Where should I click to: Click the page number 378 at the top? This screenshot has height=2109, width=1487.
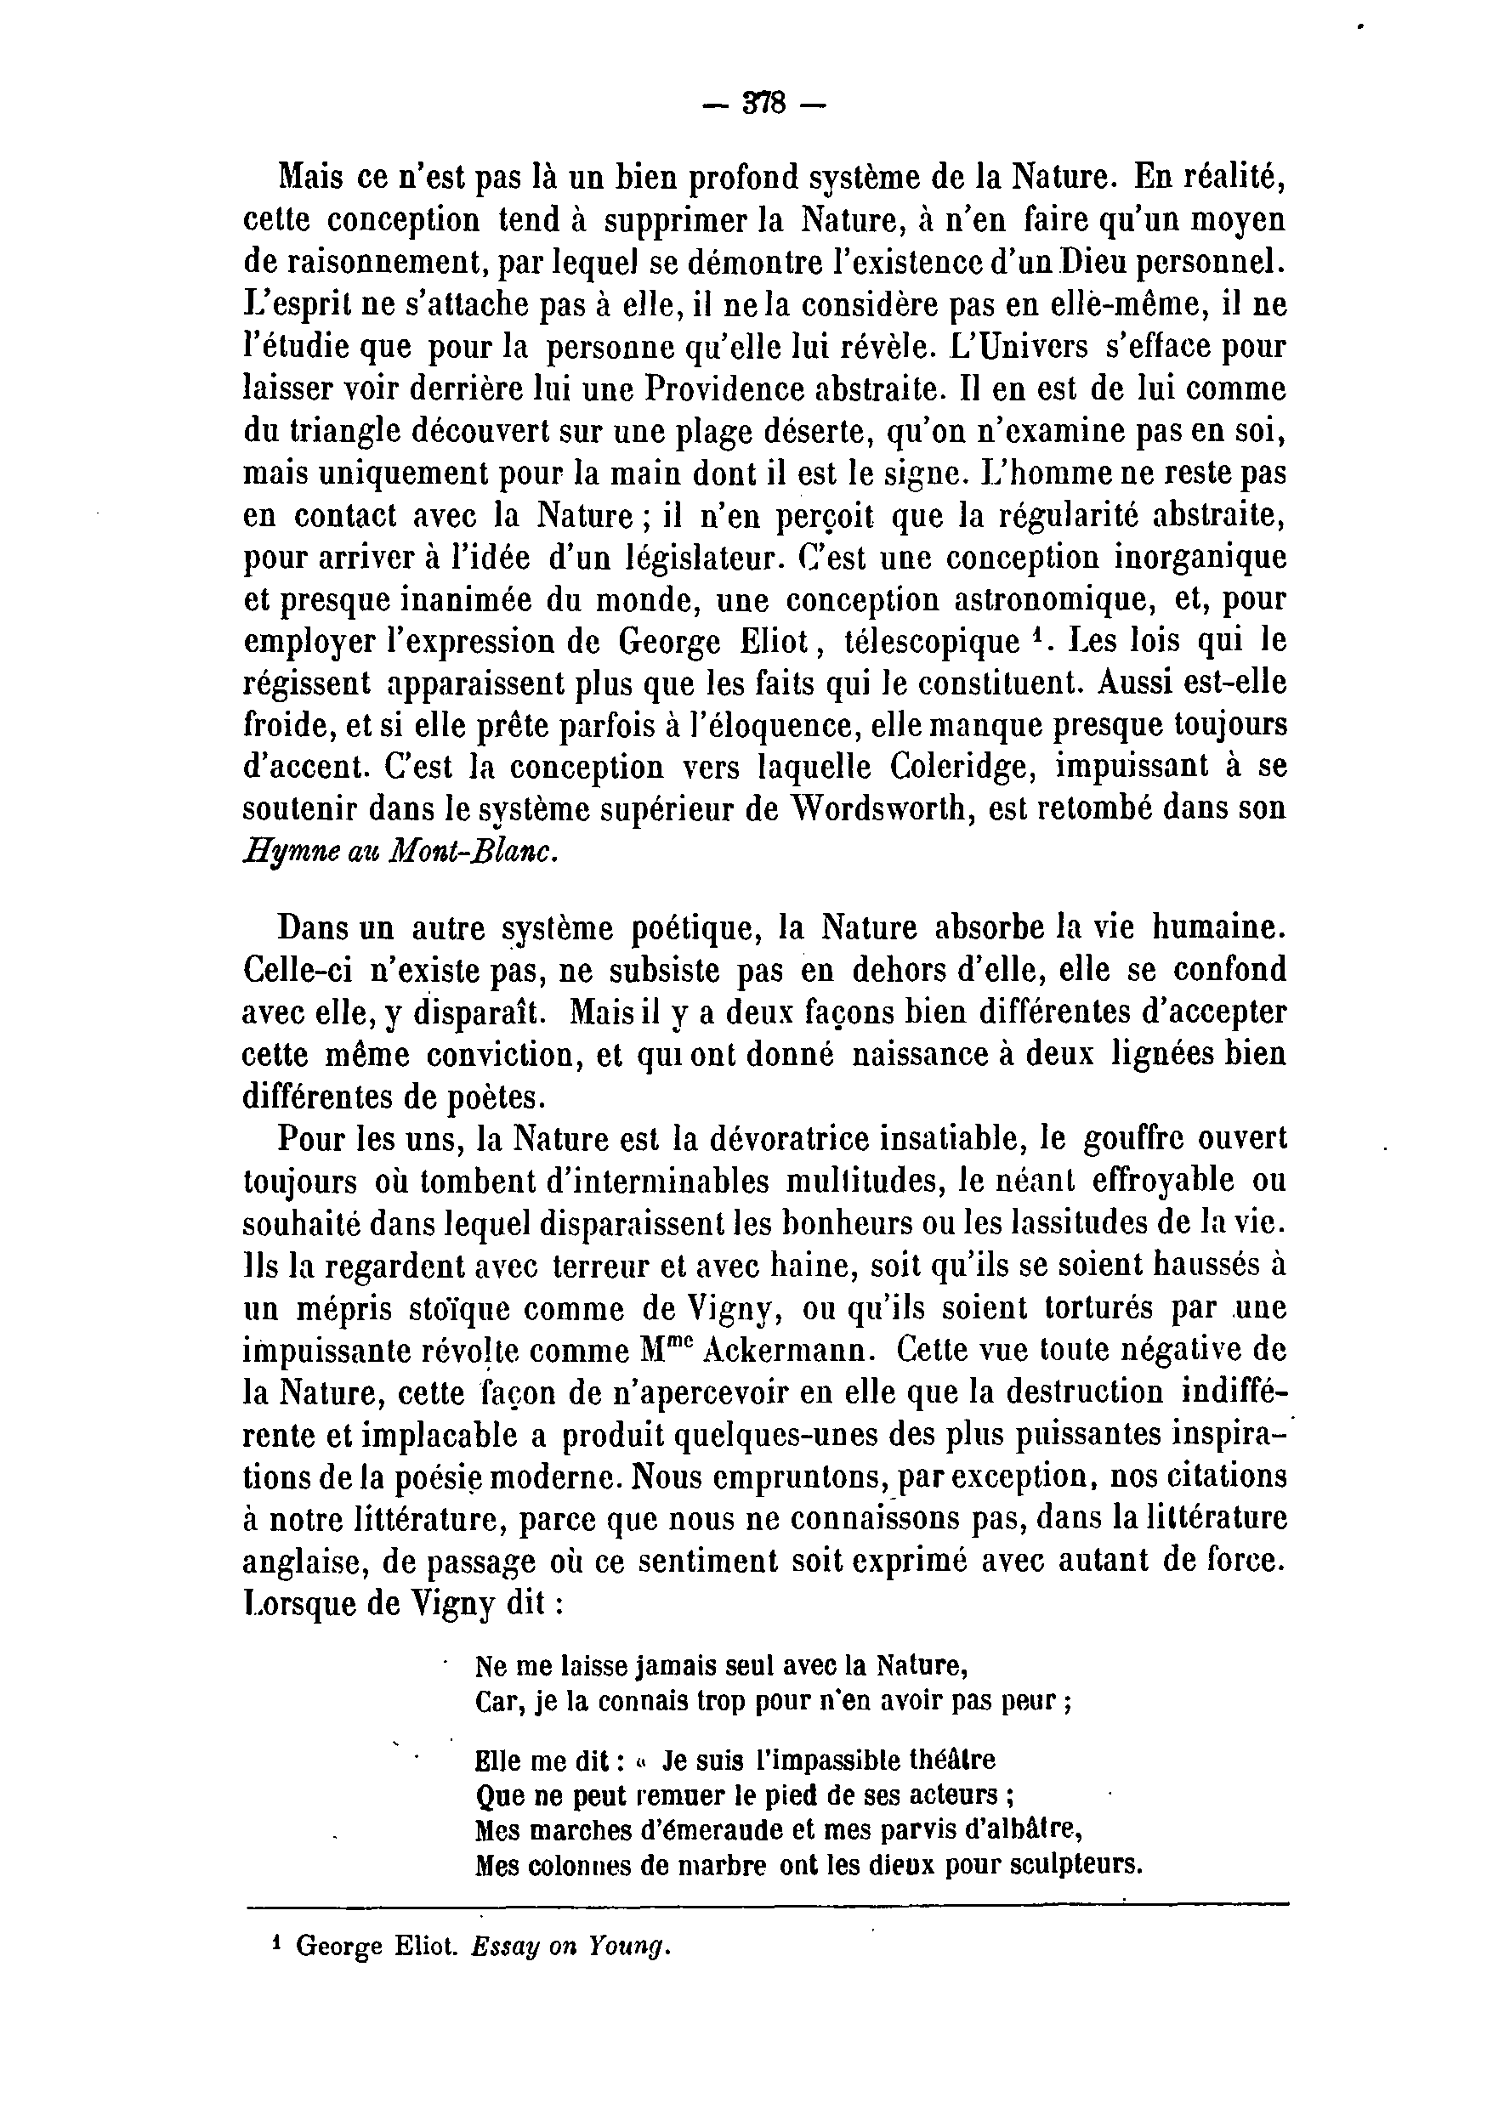[764, 104]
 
